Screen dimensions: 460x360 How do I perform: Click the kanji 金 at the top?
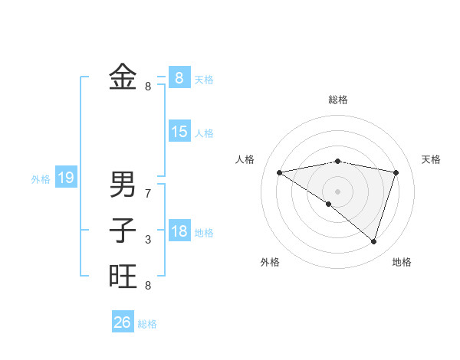[x=123, y=77]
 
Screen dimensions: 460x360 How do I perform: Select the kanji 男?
[x=123, y=184]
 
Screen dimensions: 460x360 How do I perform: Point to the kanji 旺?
[x=123, y=276]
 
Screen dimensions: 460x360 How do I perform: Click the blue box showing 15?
[x=179, y=132]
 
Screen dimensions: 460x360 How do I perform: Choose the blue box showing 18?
[x=179, y=231]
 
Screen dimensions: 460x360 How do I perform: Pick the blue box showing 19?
[x=65, y=178]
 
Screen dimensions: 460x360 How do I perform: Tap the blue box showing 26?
[x=122, y=322]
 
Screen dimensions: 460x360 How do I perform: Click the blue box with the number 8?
[x=179, y=77]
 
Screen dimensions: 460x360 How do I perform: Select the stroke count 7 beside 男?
[x=148, y=194]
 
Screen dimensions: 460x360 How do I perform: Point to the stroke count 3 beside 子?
[x=148, y=240]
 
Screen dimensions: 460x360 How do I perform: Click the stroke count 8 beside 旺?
[x=148, y=286]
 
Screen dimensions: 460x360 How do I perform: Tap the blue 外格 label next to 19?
[x=41, y=179]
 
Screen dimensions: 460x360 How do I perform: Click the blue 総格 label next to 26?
[x=147, y=324]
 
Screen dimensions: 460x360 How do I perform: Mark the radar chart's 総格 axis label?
[x=337, y=100]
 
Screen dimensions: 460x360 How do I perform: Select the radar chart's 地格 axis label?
[x=402, y=262]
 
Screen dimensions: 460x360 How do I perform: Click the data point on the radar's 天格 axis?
[x=396, y=172]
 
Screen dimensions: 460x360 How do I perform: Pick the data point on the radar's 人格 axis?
[x=279, y=172]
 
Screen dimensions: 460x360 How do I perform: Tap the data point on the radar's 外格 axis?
[x=329, y=204]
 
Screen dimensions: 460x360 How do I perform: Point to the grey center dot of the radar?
[x=337, y=191]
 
